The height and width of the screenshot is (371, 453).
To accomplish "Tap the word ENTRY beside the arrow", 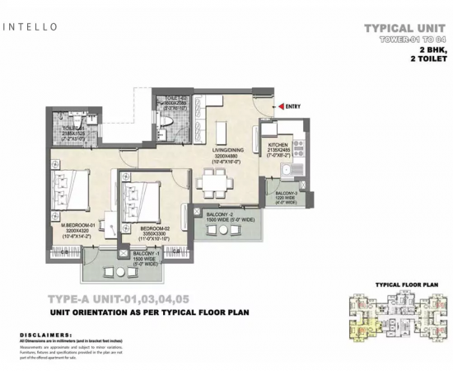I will point(295,106).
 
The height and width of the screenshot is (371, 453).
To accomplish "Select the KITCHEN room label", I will point(278,143).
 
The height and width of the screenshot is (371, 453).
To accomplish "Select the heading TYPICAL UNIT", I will point(407,28).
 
